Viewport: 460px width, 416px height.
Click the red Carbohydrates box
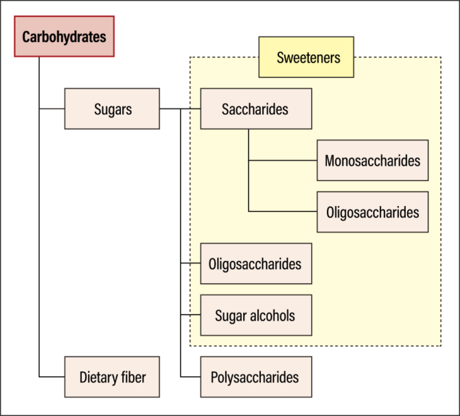[64, 36]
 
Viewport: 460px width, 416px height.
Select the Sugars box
[112, 108]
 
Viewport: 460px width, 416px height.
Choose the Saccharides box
[255, 108]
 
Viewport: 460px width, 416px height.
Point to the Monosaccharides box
[372, 161]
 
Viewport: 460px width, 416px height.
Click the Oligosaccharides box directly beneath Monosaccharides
[372, 212]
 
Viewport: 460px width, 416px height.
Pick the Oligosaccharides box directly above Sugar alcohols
[255, 264]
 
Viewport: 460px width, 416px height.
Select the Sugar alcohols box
[255, 315]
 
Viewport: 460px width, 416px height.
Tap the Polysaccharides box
[255, 377]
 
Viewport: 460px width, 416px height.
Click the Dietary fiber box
[112, 377]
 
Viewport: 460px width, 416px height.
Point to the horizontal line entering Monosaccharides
[282, 161]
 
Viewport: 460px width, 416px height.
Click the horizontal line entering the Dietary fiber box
[52, 377]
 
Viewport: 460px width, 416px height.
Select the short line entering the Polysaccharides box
[190, 377]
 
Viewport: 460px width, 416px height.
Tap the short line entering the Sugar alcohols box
[190, 315]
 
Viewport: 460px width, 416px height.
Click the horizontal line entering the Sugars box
[52, 108]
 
